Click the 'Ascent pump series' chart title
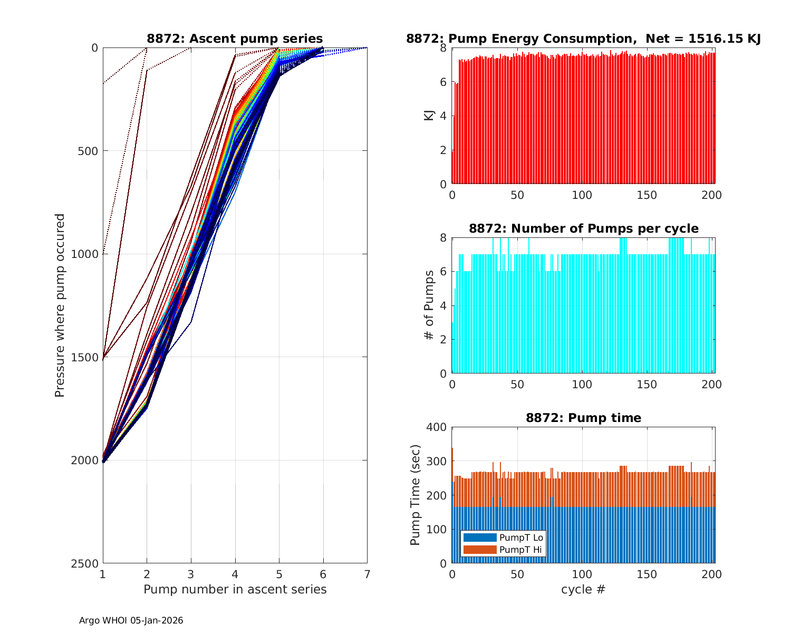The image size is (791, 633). [235, 39]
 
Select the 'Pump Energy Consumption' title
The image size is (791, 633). [583, 39]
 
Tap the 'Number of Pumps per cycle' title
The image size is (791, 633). [583, 228]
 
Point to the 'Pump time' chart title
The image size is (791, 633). [583, 418]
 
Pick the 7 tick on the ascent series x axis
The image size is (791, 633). [367, 574]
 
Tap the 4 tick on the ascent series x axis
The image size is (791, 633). [235, 574]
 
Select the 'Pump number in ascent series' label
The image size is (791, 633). [235, 589]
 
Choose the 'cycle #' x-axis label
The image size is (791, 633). [583, 589]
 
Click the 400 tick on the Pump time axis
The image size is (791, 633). [439, 427]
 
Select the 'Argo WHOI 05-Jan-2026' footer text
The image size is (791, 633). [131, 620]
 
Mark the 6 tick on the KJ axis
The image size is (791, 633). [443, 82]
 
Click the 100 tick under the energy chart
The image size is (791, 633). [582, 195]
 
